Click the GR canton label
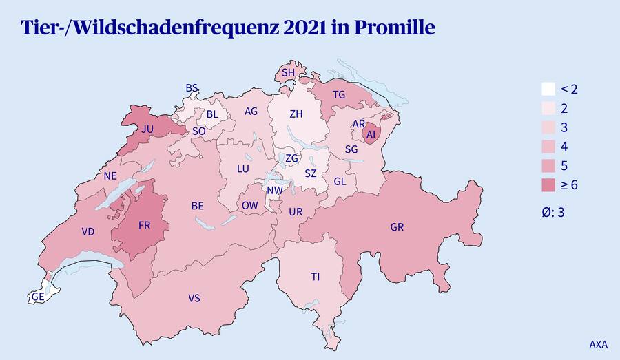(397, 226)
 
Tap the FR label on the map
(144, 225)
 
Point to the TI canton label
(315, 277)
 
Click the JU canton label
(147, 129)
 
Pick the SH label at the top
(288, 72)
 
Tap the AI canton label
(371, 136)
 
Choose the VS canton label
(194, 298)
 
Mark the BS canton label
(192, 88)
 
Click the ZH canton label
(296, 114)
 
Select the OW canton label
(249, 205)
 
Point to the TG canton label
(338, 94)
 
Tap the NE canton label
(110, 176)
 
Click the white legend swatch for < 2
(548, 89)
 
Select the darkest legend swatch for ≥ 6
(548, 185)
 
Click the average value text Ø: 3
(553, 213)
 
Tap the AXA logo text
(598, 343)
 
